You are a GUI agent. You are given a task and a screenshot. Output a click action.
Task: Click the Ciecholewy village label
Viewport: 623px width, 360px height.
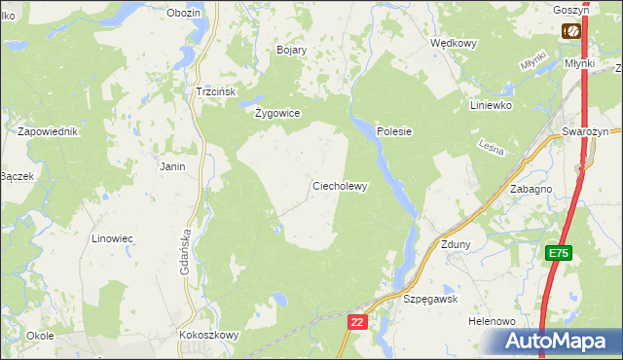click(339, 186)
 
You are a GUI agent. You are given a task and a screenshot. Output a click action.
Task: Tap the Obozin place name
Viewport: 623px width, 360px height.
click(183, 13)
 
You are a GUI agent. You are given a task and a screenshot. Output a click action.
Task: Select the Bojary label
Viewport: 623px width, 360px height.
click(292, 50)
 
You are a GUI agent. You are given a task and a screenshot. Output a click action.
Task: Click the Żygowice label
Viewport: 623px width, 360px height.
click(277, 113)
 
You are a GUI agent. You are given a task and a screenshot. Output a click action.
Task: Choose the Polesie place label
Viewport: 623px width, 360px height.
click(394, 131)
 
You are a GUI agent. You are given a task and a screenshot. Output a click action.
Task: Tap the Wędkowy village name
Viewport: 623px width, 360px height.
click(453, 44)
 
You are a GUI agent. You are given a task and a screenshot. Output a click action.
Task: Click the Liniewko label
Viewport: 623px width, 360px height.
click(491, 105)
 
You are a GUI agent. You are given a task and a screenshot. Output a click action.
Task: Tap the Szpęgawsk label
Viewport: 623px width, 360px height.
click(430, 300)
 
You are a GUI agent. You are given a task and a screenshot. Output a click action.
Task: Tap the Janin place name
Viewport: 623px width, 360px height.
click(172, 166)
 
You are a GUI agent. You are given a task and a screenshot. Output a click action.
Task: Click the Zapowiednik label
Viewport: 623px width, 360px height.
click(48, 130)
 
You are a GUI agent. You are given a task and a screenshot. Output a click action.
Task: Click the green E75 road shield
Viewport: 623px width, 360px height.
click(558, 253)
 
